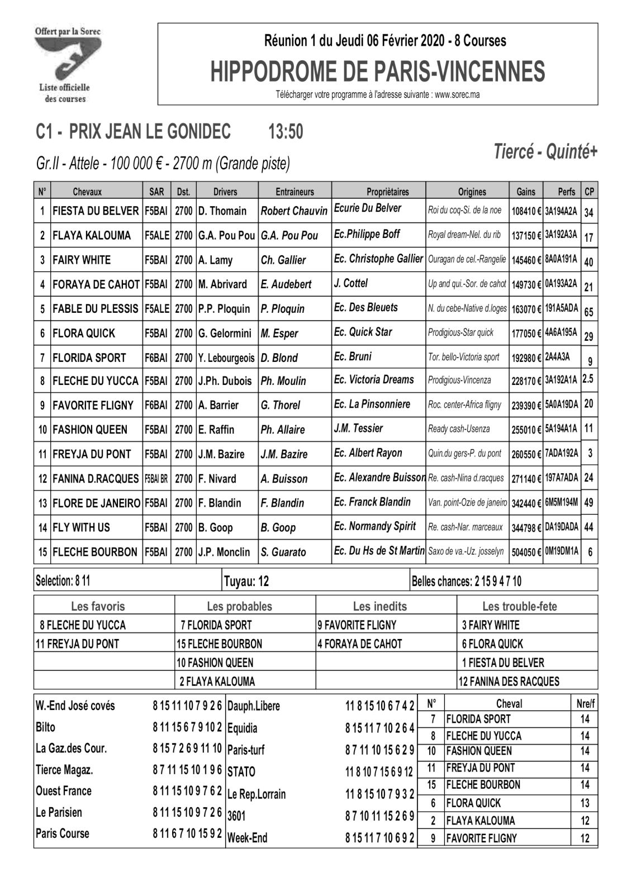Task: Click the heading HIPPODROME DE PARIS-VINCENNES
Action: click(x=377, y=72)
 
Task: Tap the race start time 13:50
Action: click(x=286, y=131)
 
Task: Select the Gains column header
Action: click(x=525, y=192)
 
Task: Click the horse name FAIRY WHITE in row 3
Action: click(x=82, y=260)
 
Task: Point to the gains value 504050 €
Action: click(x=526, y=552)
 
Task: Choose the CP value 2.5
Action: click(x=588, y=379)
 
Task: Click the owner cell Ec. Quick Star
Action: click(x=363, y=332)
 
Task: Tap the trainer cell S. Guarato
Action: click(x=283, y=552)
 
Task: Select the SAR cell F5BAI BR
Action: click(x=156, y=479)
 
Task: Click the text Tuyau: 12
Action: click(x=246, y=582)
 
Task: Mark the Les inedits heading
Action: click(x=380, y=606)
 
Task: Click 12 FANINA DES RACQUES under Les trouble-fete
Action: click(x=509, y=681)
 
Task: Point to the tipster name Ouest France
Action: click(x=63, y=791)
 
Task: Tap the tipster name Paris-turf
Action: click(x=246, y=750)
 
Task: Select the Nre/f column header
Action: click(x=585, y=704)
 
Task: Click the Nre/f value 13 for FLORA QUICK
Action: click(x=585, y=803)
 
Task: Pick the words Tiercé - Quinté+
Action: click(x=545, y=151)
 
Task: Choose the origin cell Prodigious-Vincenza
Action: click(x=459, y=380)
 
